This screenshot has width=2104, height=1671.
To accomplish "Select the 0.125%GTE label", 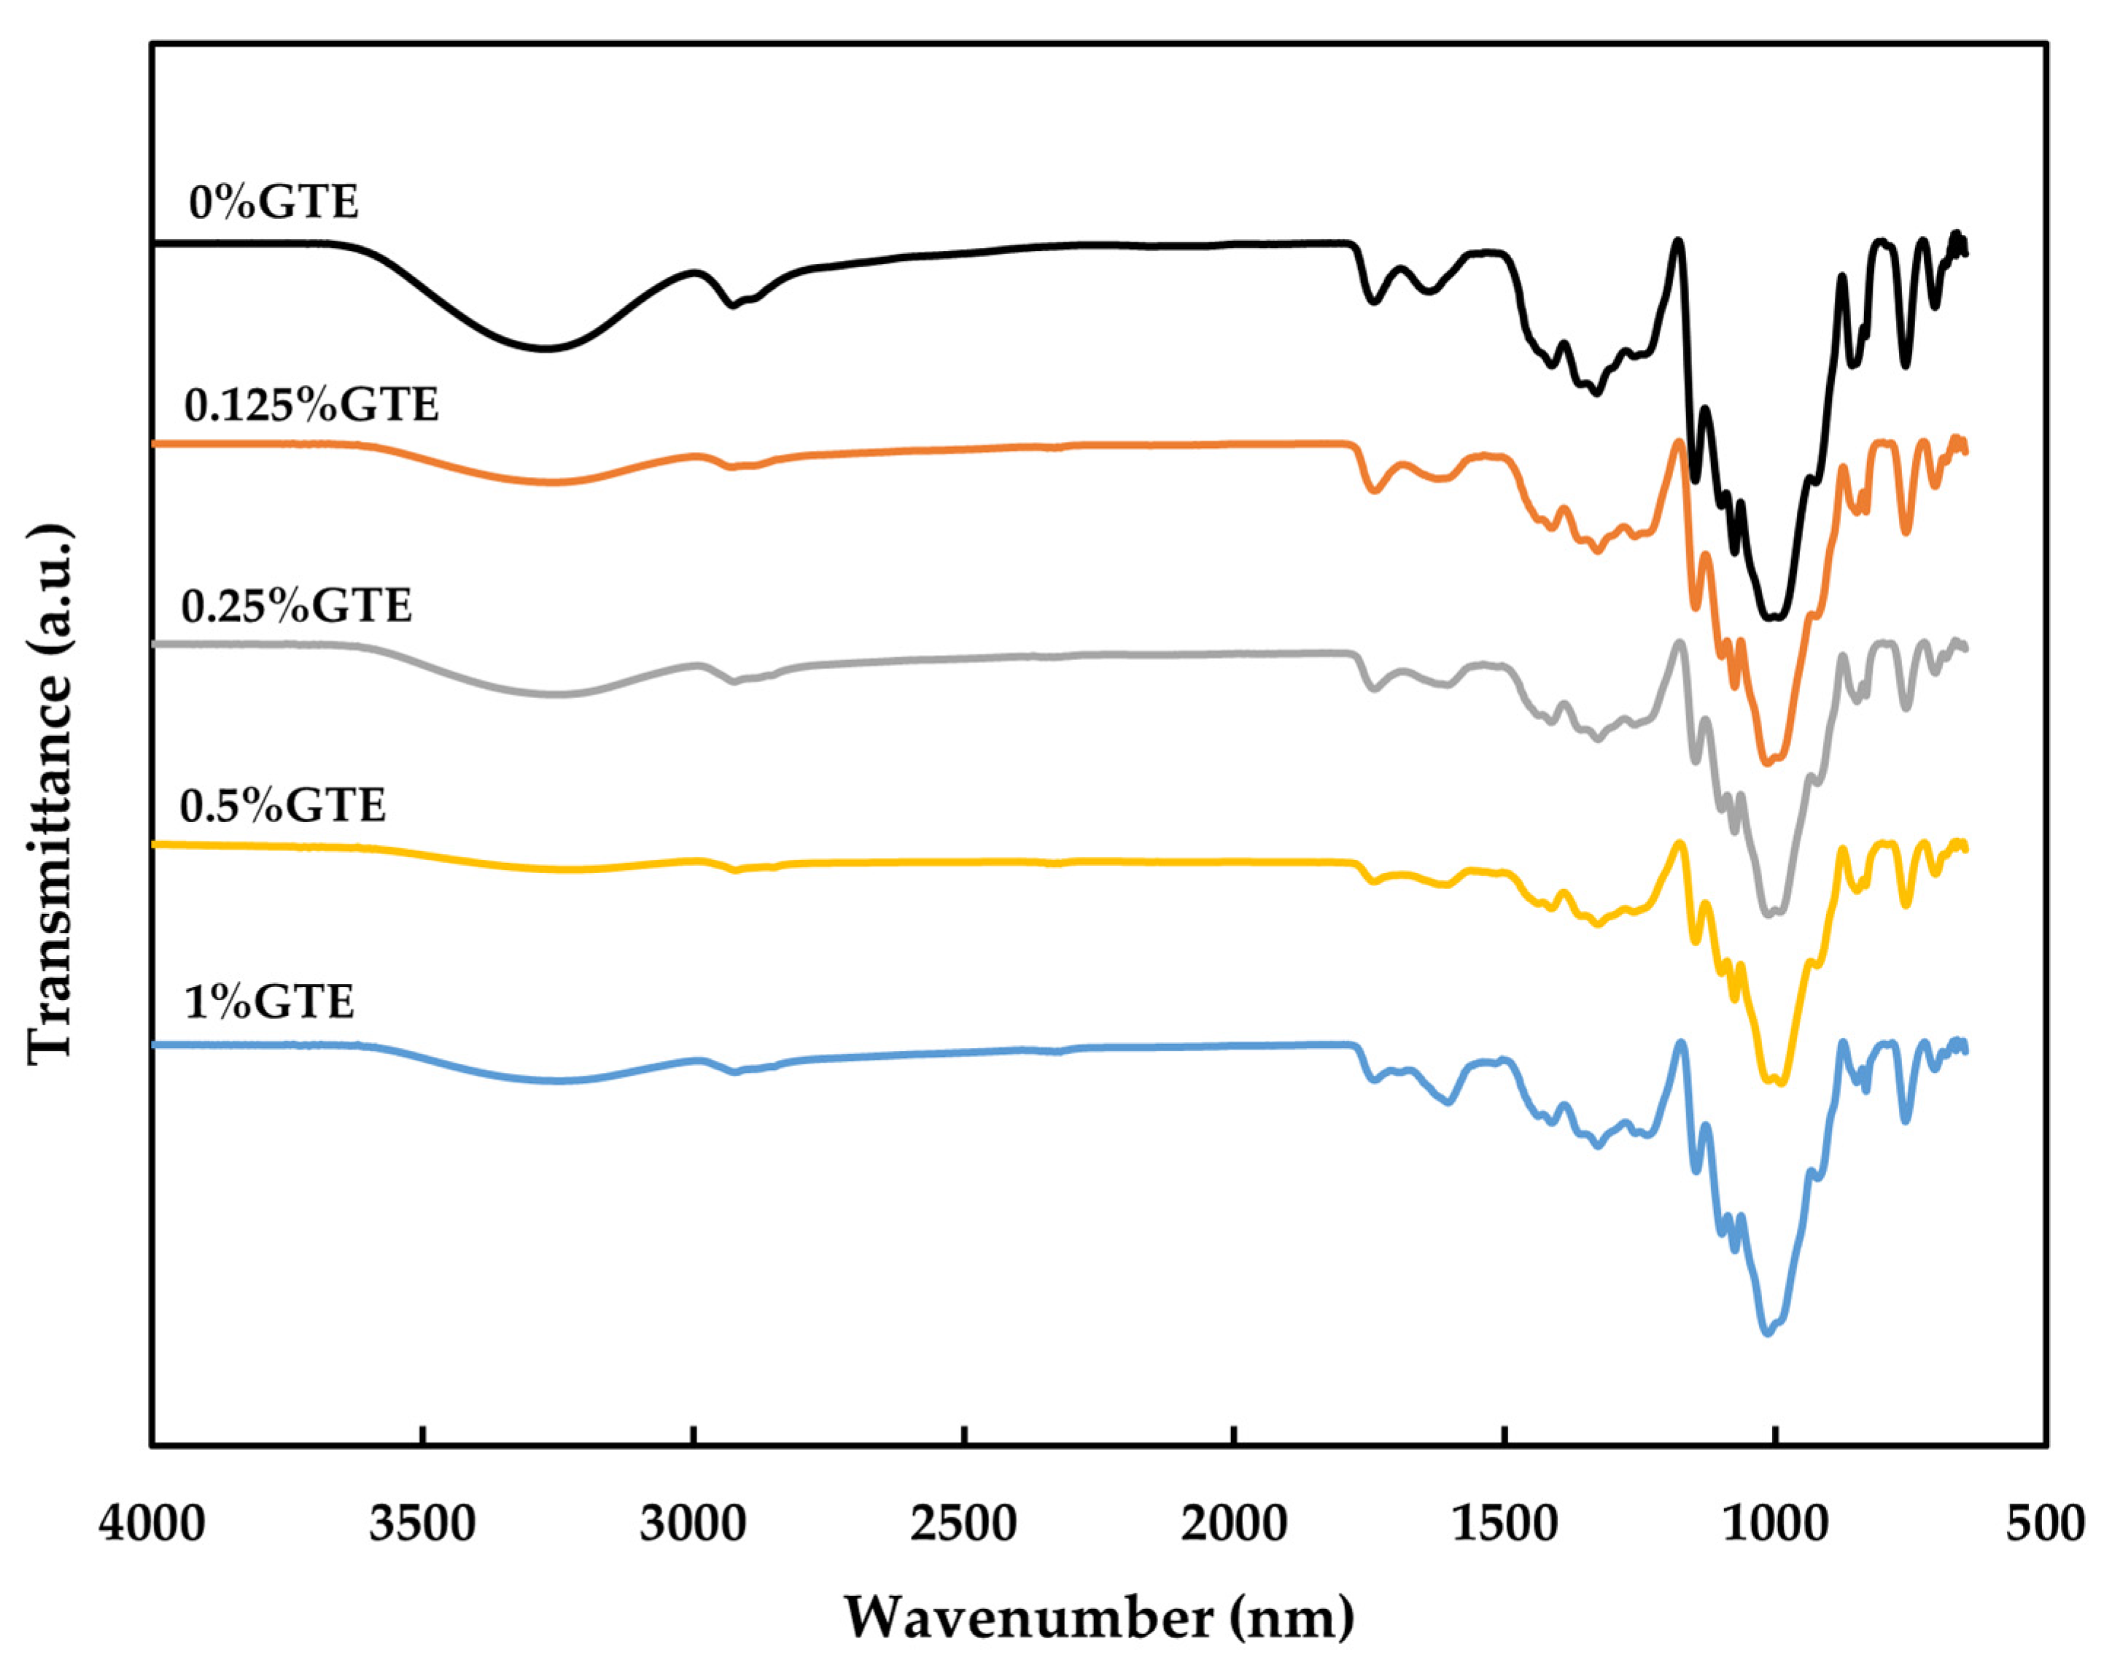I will tap(311, 405).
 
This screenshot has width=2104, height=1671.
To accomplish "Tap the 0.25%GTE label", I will tap(297, 606).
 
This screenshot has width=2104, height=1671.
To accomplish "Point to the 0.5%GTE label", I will tap(283, 806).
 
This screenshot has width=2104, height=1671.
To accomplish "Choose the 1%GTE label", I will tap(268, 1002).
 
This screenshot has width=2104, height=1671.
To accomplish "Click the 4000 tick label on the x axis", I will tap(152, 1524).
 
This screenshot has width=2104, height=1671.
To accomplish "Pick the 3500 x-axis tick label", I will tap(422, 1524).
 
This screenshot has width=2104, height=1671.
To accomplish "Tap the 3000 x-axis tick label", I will tap(693, 1524).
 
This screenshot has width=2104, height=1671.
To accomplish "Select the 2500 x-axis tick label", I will tap(963, 1524).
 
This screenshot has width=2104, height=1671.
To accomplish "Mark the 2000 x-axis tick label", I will tap(1235, 1524).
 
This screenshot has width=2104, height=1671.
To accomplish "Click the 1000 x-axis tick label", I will tap(1775, 1524).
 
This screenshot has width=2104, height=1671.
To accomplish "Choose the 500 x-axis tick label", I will tap(2046, 1524).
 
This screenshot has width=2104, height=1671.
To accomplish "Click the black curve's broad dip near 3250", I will tap(546, 347).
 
